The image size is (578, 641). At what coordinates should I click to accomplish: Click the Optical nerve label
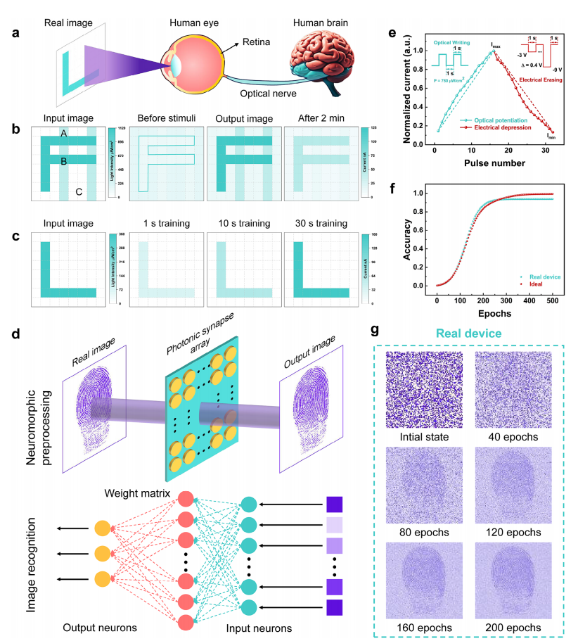click(x=266, y=93)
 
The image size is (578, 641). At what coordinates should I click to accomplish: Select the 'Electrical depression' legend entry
click(x=497, y=128)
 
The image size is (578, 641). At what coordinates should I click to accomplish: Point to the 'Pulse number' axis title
click(x=493, y=163)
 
